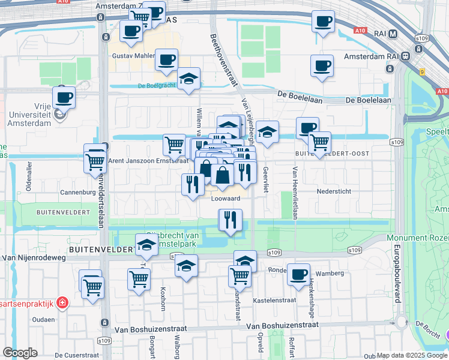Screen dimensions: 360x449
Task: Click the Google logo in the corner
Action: click(20, 353)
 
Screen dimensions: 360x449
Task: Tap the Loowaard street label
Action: click(226, 199)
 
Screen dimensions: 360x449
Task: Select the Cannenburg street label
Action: click(77, 193)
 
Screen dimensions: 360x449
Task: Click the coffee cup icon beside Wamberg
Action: click(298, 275)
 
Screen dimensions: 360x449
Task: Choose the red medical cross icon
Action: click(62, 303)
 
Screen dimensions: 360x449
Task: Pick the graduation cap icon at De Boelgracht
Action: click(188, 79)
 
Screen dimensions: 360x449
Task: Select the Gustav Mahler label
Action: click(133, 56)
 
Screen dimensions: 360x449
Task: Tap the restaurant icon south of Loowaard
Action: click(230, 220)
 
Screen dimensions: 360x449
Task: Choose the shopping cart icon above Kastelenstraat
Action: click(240, 276)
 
